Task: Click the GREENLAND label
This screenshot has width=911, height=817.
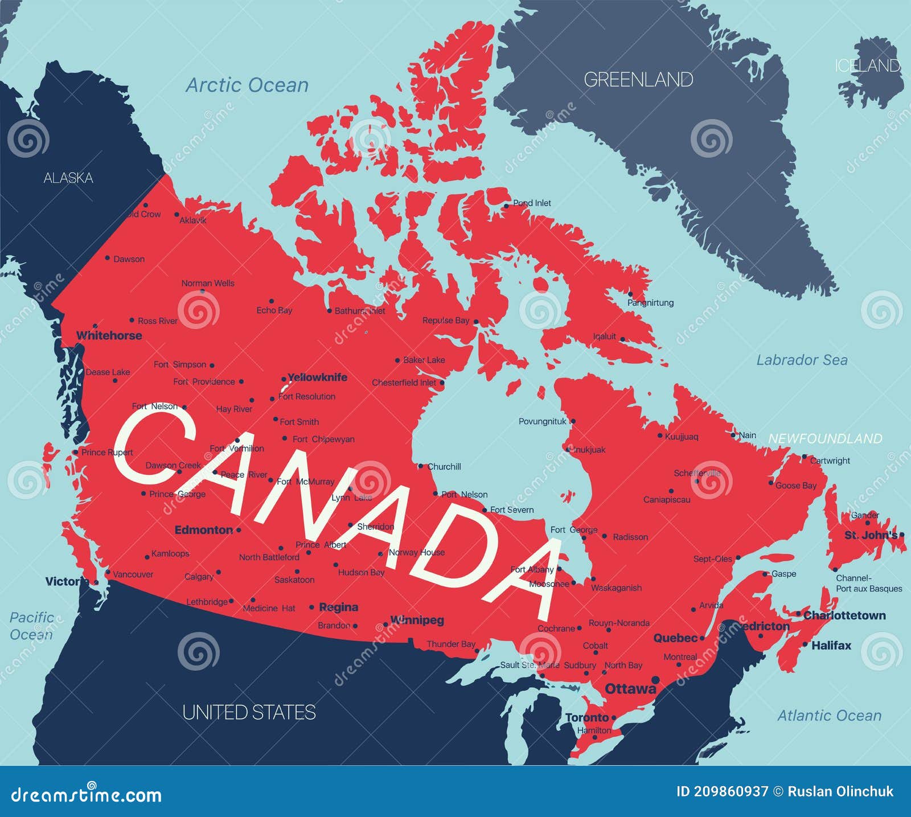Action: point(638,80)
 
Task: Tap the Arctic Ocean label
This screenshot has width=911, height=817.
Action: point(247,85)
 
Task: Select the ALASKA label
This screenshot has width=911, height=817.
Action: point(68,178)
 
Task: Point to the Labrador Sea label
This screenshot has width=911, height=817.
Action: point(802,360)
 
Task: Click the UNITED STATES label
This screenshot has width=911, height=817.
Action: point(249,712)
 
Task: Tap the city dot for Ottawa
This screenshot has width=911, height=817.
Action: point(655,680)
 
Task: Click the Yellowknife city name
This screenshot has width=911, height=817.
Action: point(317,377)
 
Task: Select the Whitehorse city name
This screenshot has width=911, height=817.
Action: point(109,335)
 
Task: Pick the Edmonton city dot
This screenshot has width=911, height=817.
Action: point(239,530)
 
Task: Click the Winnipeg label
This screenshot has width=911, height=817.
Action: point(417,620)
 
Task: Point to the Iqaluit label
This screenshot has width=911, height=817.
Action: point(604,336)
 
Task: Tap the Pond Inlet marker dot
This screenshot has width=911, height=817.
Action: point(506,206)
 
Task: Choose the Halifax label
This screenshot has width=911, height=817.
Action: point(831,646)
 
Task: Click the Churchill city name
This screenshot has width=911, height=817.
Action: point(444,466)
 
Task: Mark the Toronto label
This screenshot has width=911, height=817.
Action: point(587,717)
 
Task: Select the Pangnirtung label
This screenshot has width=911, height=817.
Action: point(650,303)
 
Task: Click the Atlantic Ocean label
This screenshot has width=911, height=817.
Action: point(829,716)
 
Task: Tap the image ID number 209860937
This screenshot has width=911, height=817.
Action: point(731,792)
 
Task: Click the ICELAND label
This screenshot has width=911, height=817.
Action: point(867,66)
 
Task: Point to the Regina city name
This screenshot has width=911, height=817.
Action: point(339,607)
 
